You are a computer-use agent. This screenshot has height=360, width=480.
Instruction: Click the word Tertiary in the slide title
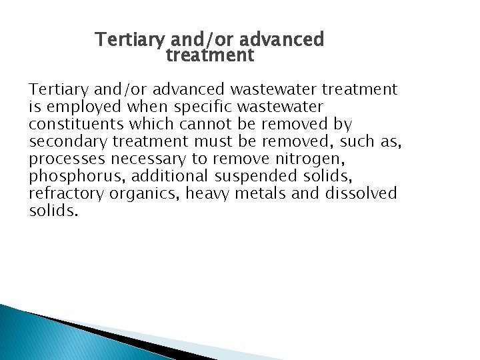pos(129,40)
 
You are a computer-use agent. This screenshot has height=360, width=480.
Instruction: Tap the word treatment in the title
pos(210,55)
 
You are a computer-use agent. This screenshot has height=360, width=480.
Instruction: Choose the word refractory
pos(66,194)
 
